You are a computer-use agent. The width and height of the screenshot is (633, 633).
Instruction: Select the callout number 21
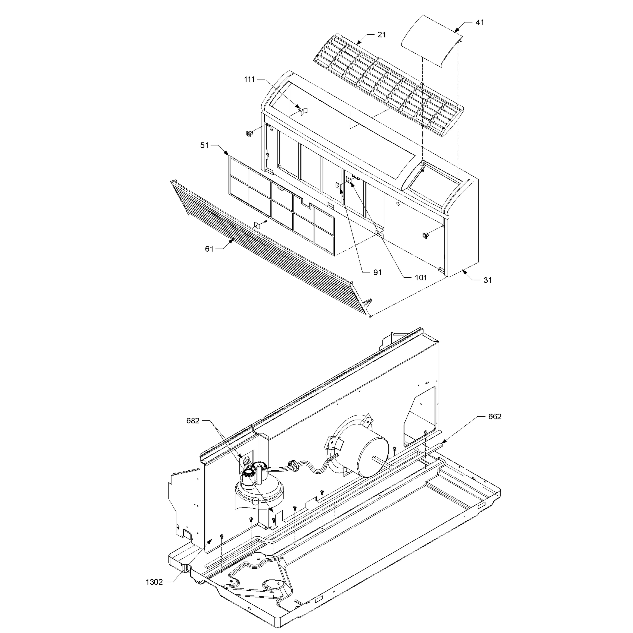382,35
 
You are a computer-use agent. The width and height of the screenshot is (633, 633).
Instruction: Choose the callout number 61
209,249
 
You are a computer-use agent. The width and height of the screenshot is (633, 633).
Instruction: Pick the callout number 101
421,278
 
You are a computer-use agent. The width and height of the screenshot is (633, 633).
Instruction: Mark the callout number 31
488,280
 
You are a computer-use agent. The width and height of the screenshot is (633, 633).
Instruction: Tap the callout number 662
495,416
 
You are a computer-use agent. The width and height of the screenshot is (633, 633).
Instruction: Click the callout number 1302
154,582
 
